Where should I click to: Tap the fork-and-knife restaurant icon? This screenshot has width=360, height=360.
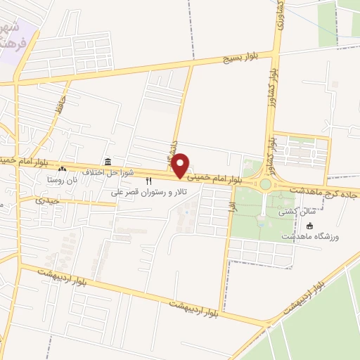coord(148,181)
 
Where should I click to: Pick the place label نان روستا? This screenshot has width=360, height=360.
coord(60,180)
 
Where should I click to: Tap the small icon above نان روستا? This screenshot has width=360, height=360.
coord(62,169)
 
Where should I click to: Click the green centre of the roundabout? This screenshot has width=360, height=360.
coord(265,185)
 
